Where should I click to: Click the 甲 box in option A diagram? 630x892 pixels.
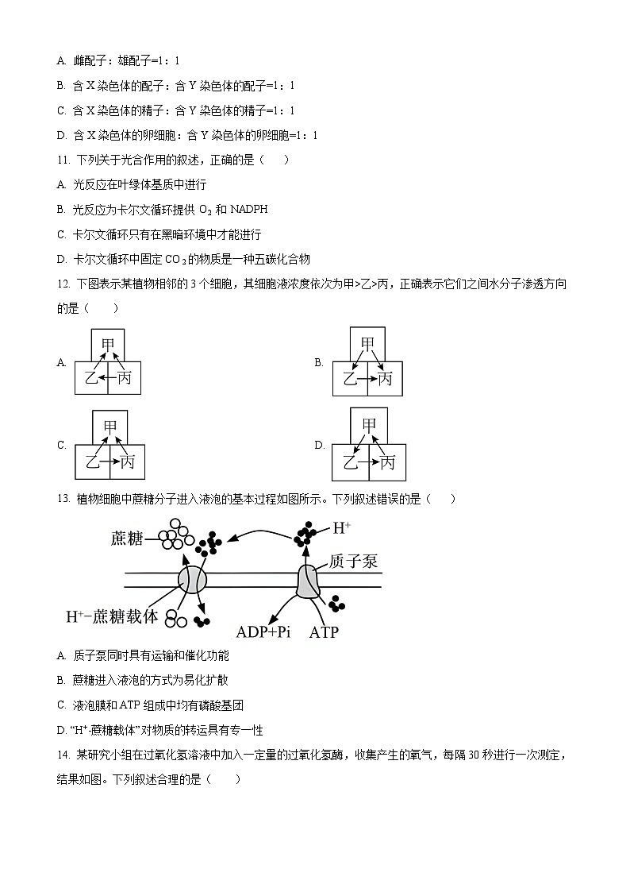tap(107, 345)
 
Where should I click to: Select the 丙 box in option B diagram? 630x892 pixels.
tap(385, 378)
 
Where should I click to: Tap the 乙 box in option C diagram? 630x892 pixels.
tap(93, 461)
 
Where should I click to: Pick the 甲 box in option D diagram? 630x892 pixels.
tap(369, 425)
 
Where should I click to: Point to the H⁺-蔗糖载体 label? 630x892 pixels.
tap(112, 616)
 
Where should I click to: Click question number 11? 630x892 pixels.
tap(64, 160)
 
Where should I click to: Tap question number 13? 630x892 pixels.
tap(64, 499)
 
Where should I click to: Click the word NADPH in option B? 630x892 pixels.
tap(249, 210)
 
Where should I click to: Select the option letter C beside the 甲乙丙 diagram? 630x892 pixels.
tap(61, 446)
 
